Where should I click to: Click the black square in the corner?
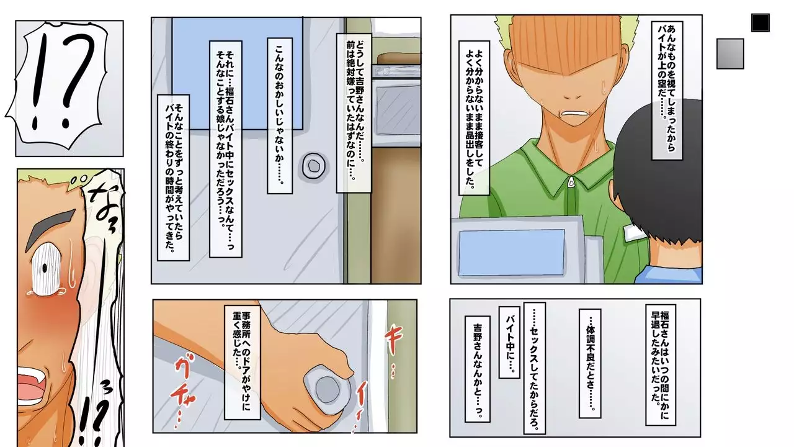tap(761, 23)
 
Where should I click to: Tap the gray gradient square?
tap(730, 54)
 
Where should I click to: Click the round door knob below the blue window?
tap(314, 166)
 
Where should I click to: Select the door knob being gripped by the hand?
tap(327, 389)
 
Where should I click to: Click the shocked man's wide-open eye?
tap(45, 269)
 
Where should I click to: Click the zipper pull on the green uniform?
tap(571, 182)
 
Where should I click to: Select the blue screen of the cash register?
tap(512, 252)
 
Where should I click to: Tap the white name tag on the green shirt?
tap(635, 232)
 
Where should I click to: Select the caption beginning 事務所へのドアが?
tap(242, 362)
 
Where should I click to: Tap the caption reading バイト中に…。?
tap(509, 342)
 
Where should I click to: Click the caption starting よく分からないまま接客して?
tap(475, 118)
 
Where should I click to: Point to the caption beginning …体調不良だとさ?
tap(590, 363)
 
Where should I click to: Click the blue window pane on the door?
tap(238, 73)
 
